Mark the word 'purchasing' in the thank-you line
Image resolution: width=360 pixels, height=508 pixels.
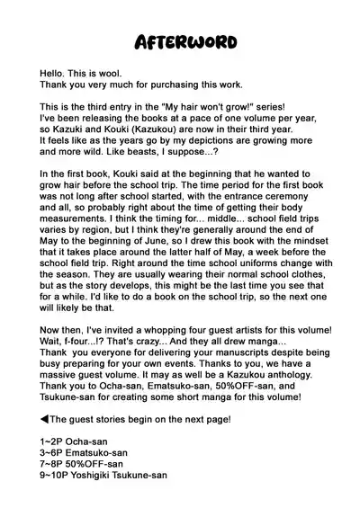(x=169, y=85)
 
